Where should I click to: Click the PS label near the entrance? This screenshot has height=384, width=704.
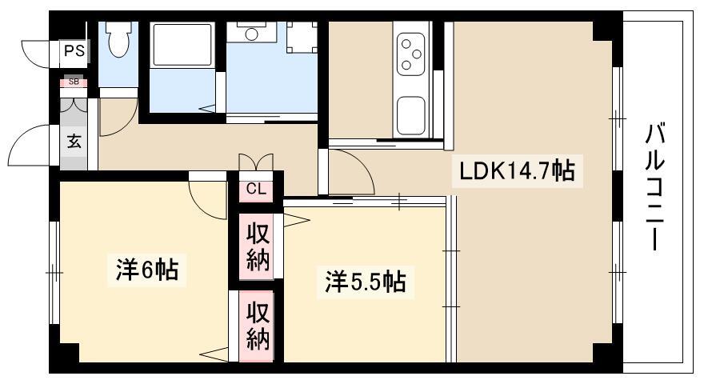pyautogui.click(x=74, y=50)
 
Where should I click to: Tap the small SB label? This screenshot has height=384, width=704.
pyautogui.click(x=74, y=82)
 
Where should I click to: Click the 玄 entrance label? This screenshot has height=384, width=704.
pyautogui.click(x=74, y=142)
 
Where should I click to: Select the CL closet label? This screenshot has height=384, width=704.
pyautogui.click(x=256, y=189)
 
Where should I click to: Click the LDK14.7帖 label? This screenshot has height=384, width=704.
pyautogui.click(x=516, y=170)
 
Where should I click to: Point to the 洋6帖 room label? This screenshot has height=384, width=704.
pyautogui.click(x=147, y=269)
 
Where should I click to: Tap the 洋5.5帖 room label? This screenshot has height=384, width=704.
pyautogui.click(x=366, y=282)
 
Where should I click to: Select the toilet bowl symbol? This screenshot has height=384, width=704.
pyautogui.click(x=118, y=39)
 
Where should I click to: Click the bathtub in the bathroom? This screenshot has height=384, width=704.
pyautogui.click(x=182, y=45)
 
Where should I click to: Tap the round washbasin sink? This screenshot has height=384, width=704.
pyautogui.click(x=252, y=34)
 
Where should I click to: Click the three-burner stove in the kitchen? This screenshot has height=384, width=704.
pyautogui.click(x=411, y=54)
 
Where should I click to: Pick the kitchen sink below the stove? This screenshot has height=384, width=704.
pyautogui.click(x=411, y=116)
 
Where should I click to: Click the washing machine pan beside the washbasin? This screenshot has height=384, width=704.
pyautogui.click(x=302, y=38)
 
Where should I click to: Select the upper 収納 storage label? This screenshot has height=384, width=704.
pyautogui.click(x=258, y=247)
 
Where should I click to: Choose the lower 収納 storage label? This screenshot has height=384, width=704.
pyautogui.click(x=258, y=326)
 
